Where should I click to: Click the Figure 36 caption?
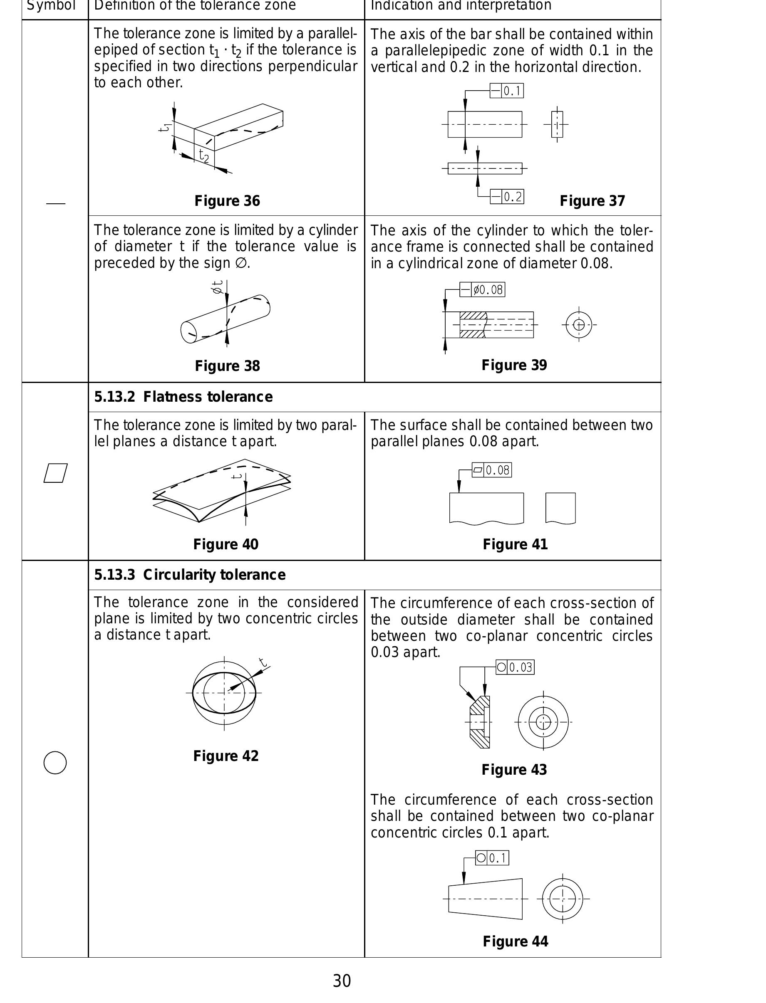(227, 201)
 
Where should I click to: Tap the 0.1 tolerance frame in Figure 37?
(506, 91)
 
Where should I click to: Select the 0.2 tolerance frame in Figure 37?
(506, 197)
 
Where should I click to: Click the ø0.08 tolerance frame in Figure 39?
(482, 290)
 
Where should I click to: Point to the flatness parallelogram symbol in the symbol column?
(56, 473)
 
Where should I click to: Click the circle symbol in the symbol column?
(55, 762)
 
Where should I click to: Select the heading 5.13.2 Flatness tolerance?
(183, 397)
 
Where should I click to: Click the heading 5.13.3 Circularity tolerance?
(190, 575)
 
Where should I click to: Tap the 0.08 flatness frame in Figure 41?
(491, 470)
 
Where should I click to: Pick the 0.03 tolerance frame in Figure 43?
(515, 667)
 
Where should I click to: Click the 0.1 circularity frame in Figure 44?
(492, 858)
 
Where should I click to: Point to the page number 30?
(342, 981)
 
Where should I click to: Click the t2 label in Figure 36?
(204, 156)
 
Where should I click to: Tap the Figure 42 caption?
(226, 756)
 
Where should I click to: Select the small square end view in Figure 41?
(560, 508)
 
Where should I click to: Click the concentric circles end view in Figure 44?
(562, 899)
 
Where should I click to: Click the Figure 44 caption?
(515, 941)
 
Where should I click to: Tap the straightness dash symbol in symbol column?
(56, 204)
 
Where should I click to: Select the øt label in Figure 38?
(218, 287)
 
